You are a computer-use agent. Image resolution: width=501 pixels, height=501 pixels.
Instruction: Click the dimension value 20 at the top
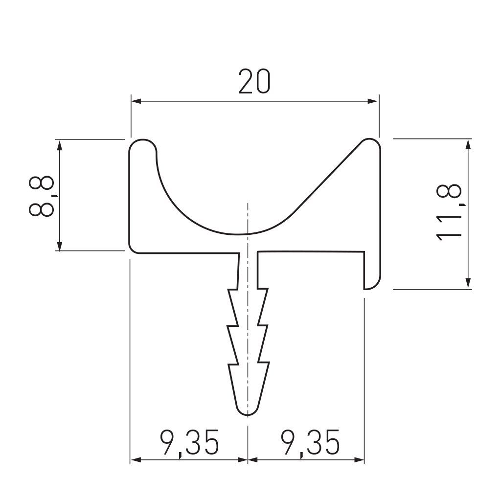[254, 82]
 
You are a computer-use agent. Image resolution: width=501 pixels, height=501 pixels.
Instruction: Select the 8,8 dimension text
[42, 196]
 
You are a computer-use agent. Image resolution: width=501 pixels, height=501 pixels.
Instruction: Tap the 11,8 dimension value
[449, 213]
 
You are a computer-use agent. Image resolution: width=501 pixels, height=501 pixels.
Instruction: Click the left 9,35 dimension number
[189, 442]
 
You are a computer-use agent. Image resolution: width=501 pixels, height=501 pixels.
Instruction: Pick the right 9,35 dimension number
[310, 442]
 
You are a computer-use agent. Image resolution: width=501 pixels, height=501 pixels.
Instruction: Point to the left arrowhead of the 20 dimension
[136, 101]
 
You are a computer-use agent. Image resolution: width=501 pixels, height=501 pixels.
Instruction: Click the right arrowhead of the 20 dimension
[372, 101]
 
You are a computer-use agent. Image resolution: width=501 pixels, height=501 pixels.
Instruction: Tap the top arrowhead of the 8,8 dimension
[59, 145]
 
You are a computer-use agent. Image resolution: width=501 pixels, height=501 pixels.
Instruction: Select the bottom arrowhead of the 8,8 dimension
[59, 246]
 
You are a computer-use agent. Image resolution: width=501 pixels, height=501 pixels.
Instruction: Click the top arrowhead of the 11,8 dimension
[468, 144]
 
